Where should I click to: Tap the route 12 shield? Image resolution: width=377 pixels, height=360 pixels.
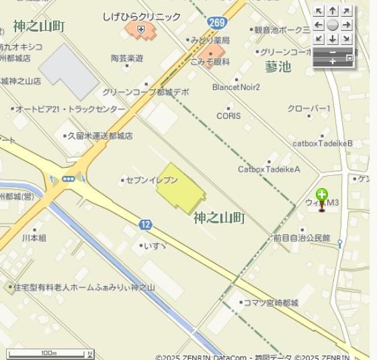tap(146, 224)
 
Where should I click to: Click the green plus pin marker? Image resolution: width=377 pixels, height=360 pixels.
tap(322, 196)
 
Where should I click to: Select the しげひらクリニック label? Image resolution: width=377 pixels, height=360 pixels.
tap(142, 16)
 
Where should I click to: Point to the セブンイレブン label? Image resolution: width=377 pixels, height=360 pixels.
tap(153, 181)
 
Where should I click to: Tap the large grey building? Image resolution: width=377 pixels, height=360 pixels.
tap(69, 71)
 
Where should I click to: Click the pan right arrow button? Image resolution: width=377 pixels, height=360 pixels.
tap(346, 25)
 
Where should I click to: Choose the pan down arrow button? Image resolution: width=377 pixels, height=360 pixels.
tap(333, 39)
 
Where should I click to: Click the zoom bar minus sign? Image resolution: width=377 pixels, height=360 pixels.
tap(332, 52)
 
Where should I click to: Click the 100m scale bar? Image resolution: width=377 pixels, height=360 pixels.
tap(50, 353)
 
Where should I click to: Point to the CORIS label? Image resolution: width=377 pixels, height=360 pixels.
tap(228, 116)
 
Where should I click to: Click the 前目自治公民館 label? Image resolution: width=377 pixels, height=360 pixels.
tap(302, 238)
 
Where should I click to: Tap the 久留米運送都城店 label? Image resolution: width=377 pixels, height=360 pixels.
tap(100, 136)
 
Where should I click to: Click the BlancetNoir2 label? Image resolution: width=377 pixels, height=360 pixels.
tap(236, 87)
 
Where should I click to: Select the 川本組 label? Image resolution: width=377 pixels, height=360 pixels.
tap(34, 238)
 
